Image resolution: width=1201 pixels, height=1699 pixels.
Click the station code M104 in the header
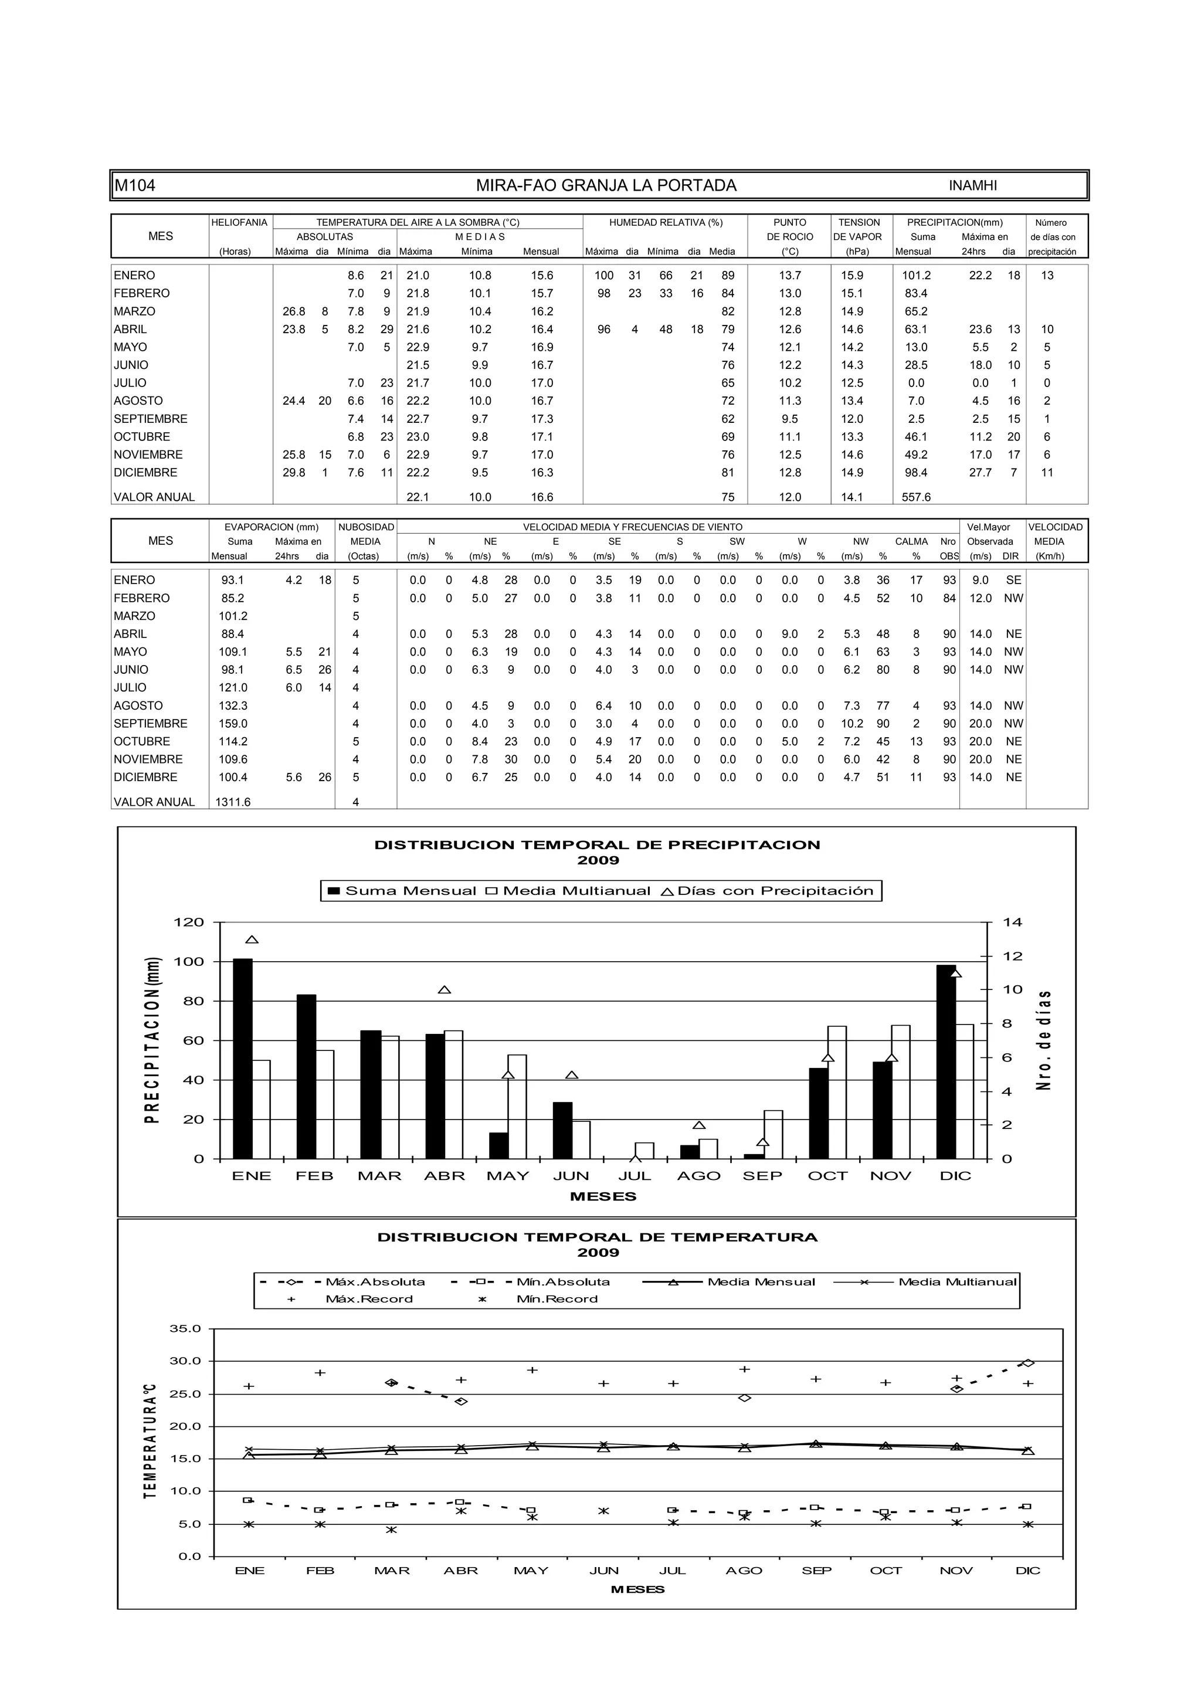(x=135, y=186)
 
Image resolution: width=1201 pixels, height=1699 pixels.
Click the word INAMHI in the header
(x=972, y=186)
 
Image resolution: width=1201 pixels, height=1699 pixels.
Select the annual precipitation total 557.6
(x=916, y=497)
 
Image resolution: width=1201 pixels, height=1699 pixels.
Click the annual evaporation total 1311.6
(x=233, y=802)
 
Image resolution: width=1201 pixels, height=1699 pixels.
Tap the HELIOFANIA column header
(x=239, y=223)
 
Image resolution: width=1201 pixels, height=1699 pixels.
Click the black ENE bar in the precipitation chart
(x=243, y=1059)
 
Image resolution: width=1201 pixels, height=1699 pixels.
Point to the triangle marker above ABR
(x=444, y=990)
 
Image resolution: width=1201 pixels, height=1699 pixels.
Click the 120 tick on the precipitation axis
(x=188, y=923)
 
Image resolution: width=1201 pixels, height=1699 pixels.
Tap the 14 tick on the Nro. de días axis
(x=1012, y=923)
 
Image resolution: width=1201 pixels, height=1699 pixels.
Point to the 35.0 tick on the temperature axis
(x=185, y=1329)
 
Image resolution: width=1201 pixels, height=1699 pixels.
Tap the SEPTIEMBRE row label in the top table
(x=150, y=419)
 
